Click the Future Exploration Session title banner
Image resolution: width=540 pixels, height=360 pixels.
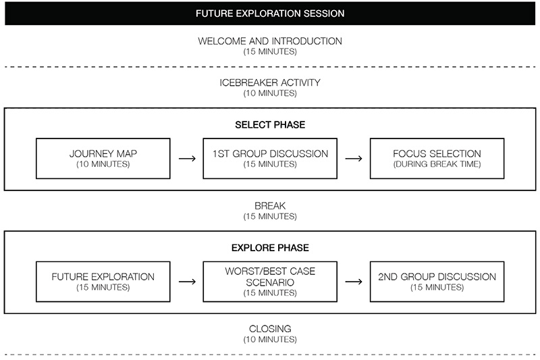[270, 14]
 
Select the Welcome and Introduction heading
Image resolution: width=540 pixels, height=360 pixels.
[270, 41]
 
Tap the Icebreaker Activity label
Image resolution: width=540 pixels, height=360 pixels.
[270, 83]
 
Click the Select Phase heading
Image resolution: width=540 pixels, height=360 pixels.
[270, 125]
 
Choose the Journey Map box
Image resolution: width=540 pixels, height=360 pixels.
[103, 159]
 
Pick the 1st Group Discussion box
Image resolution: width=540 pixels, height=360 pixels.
[270, 159]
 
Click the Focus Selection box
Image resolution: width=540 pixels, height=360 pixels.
[437, 159]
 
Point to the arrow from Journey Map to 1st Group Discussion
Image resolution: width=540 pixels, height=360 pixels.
[186, 159]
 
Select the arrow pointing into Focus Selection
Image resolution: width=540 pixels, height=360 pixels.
[354, 159]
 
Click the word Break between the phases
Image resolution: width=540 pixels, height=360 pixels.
[270, 206]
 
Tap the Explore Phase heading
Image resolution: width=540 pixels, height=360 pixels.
[270, 248]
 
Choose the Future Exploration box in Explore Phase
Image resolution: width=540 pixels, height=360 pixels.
[103, 282]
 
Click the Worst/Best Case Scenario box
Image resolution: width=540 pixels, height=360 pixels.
[270, 282]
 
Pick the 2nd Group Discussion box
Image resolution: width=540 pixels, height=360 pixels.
[437, 282]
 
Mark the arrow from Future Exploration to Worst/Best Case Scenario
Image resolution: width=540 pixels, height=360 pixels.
[186, 282]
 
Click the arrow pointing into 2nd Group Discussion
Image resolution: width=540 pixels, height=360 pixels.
[354, 282]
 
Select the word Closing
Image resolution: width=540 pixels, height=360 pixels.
[270, 329]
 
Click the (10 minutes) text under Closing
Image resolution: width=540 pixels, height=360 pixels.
[270, 339]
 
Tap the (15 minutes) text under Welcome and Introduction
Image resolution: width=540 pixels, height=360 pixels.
[270, 51]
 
